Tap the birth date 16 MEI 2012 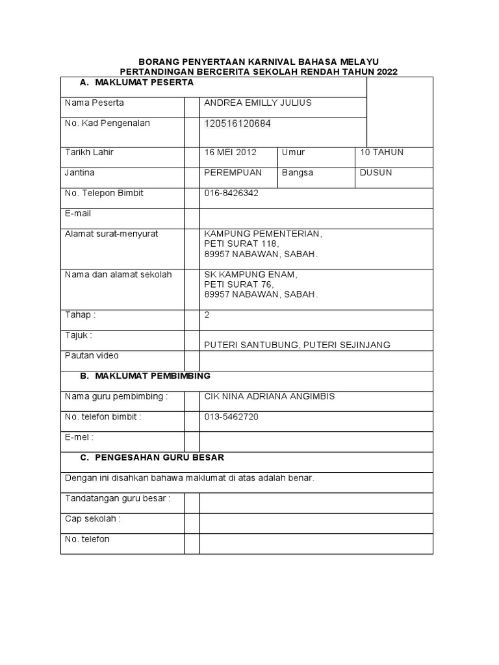pyautogui.click(x=230, y=153)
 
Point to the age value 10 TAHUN pyautogui.click(x=381, y=153)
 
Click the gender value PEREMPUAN pyautogui.click(x=233, y=173)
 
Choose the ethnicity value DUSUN pyautogui.click(x=376, y=173)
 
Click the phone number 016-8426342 pyautogui.click(x=232, y=194)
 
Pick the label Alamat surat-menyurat pyautogui.click(x=112, y=233)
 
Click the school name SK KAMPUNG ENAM pyautogui.click(x=250, y=275)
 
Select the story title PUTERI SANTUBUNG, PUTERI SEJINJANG pyautogui.click(x=297, y=345)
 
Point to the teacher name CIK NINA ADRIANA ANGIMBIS pyautogui.click(x=270, y=396)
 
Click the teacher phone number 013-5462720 pyautogui.click(x=231, y=417)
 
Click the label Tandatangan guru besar pyautogui.click(x=118, y=499)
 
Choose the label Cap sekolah pyautogui.click(x=93, y=519)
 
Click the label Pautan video pyautogui.click(x=92, y=356)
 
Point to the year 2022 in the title pyautogui.click(x=385, y=71)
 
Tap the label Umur pyautogui.click(x=293, y=153)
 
